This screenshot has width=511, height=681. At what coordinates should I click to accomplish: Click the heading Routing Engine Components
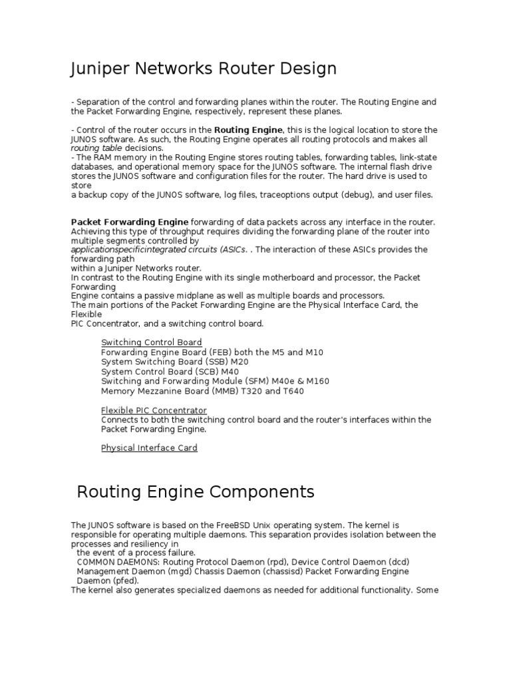pyautogui.click(x=195, y=492)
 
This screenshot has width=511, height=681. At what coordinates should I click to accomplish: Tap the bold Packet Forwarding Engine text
pyautogui.click(x=130, y=222)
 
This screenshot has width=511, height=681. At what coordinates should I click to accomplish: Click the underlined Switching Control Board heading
pyautogui.click(x=151, y=342)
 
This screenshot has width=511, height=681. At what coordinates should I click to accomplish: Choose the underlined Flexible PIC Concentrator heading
pyautogui.click(x=154, y=410)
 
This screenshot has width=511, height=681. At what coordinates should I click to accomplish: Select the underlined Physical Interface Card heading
pyautogui.click(x=149, y=448)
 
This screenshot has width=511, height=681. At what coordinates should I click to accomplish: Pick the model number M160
pyautogui.click(x=315, y=382)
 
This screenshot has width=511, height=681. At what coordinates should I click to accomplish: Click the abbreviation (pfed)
pyautogui.click(x=124, y=581)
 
